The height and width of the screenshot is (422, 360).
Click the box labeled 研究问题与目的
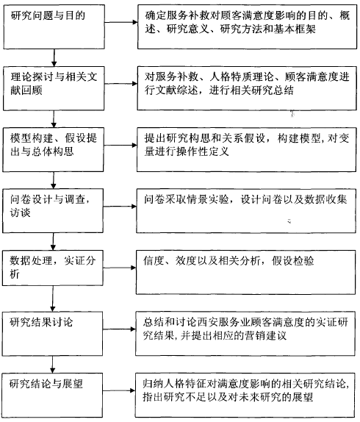54,27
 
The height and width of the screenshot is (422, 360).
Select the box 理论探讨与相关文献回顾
54,88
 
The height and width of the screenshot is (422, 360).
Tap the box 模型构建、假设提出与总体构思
53,150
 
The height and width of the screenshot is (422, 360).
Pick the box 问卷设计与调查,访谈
53,211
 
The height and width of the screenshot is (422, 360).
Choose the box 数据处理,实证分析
53,268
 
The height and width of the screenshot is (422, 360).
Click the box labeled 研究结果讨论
52,334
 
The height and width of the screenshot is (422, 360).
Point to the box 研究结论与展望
52,396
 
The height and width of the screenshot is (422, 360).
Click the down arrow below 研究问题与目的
54,58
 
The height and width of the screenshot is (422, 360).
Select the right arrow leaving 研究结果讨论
119,329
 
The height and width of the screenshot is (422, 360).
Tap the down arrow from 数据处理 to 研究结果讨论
53,298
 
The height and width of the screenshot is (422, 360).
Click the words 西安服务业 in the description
223,322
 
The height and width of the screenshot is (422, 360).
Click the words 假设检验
292,261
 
